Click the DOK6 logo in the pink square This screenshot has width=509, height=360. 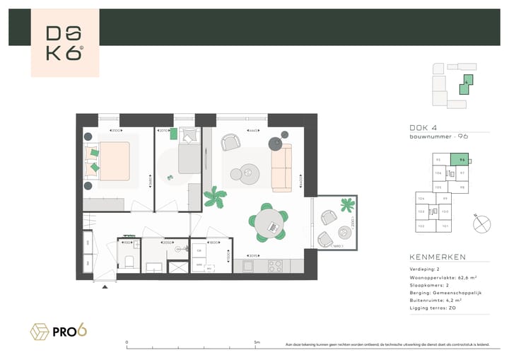click(64, 43)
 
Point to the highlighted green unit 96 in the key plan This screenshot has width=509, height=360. click(461, 161)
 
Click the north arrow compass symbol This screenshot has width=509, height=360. click(482, 223)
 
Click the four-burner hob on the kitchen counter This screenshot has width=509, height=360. click(274, 266)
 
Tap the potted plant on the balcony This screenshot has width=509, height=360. click(346, 205)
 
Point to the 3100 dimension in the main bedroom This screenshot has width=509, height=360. click(115, 131)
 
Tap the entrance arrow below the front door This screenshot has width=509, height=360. click(105, 286)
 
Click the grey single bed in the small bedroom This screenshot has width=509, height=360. click(189, 153)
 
